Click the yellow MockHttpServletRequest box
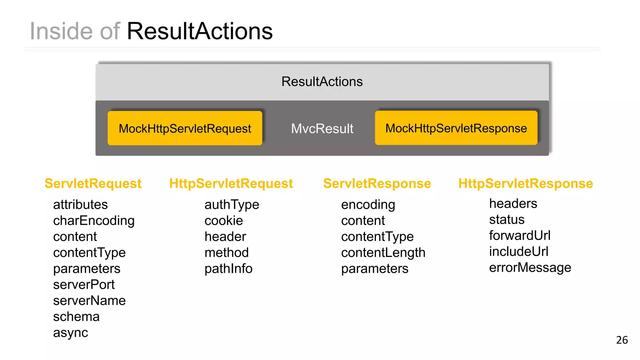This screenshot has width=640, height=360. pyautogui.click(x=185, y=128)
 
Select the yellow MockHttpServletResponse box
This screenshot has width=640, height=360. pyautogui.click(x=456, y=128)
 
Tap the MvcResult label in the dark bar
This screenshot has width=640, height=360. pyautogui.click(x=322, y=128)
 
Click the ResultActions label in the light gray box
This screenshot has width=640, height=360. pyautogui.click(x=322, y=82)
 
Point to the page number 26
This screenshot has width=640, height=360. pyautogui.click(x=622, y=340)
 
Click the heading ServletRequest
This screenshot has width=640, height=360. pyautogui.click(x=93, y=183)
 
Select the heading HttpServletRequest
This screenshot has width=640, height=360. pyautogui.click(x=231, y=183)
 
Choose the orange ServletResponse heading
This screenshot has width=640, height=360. pyautogui.click(x=377, y=183)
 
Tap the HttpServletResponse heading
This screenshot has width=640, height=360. pyautogui.click(x=526, y=183)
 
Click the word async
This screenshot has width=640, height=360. pyautogui.click(x=71, y=333)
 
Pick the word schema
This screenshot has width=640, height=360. pyautogui.click(x=76, y=317)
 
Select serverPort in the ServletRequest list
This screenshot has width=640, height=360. pyautogui.click(x=84, y=285)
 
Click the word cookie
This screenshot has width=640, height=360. pyautogui.click(x=224, y=221)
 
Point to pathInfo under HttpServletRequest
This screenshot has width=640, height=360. pyautogui.click(x=228, y=269)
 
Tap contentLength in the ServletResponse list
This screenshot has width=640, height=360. pyautogui.click(x=383, y=253)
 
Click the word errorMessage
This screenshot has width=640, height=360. pyautogui.click(x=530, y=268)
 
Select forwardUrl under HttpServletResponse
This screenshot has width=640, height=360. pyautogui.click(x=520, y=235)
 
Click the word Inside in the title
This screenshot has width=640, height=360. pyautogui.click(x=61, y=31)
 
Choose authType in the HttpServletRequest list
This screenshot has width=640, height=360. pyautogui.click(x=232, y=205)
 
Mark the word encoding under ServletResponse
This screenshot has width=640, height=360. pyautogui.click(x=368, y=205)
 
